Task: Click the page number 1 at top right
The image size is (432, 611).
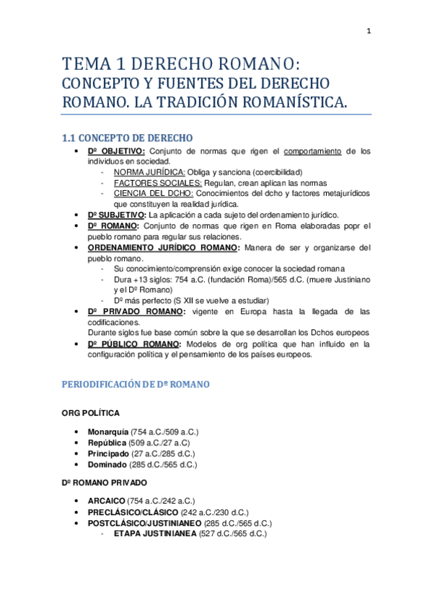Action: click(369, 31)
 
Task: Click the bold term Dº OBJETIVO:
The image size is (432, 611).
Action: click(116, 151)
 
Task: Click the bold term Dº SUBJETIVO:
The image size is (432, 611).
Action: click(117, 215)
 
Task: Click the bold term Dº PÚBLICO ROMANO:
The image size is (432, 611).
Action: click(134, 344)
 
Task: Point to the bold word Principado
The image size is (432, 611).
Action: click(108, 453)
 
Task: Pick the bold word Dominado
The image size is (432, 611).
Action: click(107, 465)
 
